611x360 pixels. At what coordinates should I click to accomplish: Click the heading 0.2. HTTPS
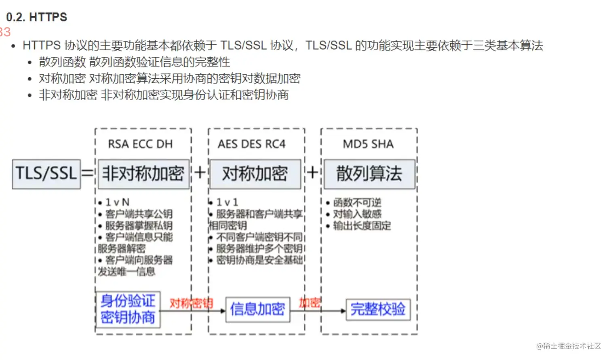click(36, 17)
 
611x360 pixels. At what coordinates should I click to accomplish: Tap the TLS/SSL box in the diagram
click(46, 174)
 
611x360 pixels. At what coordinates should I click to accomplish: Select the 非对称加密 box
click(143, 174)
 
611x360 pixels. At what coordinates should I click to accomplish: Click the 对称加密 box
click(255, 174)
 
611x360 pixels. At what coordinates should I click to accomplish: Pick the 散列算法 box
click(369, 174)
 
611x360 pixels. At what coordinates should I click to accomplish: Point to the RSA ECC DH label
click(140, 144)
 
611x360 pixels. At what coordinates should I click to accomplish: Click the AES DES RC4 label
click(251, 144)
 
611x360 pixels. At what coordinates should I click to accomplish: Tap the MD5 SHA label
click(368, 144)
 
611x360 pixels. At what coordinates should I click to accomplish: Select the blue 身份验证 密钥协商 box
click(128, 309)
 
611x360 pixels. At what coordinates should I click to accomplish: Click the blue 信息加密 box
click(258, 309)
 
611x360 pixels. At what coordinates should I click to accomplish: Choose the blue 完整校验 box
click(378, 309)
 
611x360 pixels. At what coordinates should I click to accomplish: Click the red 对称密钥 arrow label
click(191, 303)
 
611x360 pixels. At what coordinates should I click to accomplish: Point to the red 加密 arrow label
click(310, 303)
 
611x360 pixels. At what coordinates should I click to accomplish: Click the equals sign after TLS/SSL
click(87, 173)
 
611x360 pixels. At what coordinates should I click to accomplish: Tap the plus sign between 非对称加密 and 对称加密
click(200, 173)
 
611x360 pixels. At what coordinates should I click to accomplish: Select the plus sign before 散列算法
click(312, 173)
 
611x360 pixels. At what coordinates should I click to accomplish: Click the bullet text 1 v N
click(117, 202)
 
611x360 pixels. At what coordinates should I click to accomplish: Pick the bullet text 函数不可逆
click(357, 202)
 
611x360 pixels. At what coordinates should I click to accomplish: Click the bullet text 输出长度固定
click(362, 226)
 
